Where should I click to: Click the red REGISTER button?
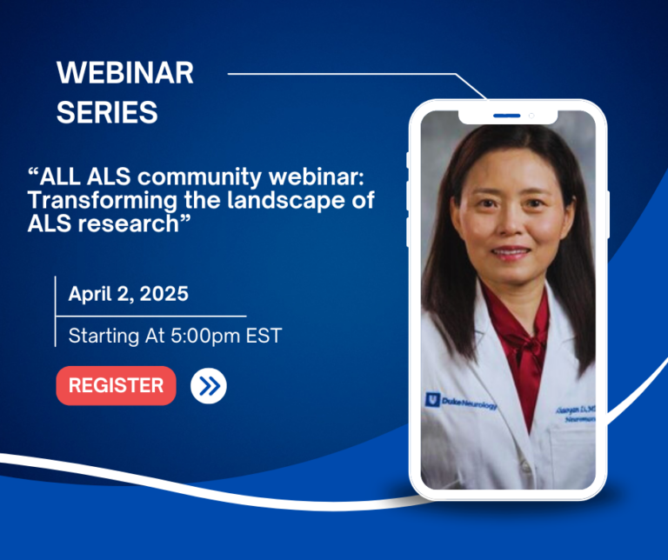116,385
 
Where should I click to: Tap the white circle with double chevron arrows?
208,386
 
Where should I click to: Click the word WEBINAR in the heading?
125,74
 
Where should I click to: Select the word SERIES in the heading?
107,112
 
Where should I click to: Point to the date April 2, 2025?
129,294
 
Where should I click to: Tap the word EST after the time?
264,336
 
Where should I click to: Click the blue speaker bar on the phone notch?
506,116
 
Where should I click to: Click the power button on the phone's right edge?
607,214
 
